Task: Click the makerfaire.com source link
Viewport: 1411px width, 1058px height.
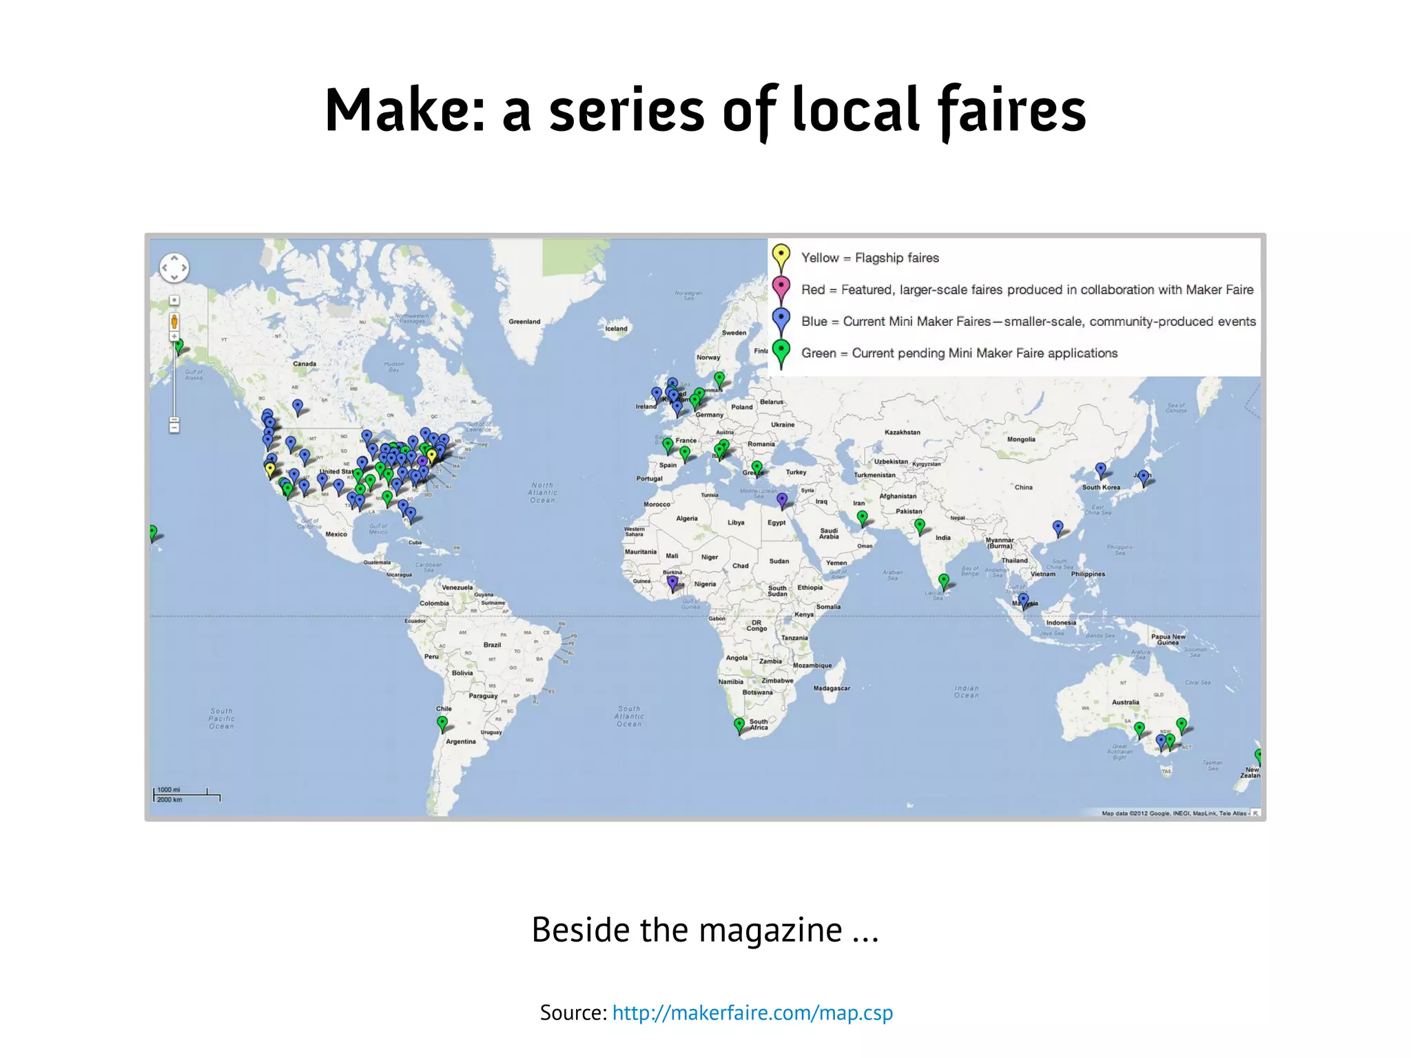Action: point(752,1013)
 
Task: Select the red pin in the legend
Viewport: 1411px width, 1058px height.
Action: point(781,287)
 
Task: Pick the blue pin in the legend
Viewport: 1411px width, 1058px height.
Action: point(781,319)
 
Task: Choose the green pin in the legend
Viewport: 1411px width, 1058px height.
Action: point(781,351)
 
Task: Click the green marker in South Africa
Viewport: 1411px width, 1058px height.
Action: point(739,725)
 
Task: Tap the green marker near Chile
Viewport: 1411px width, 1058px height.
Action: point(442,723)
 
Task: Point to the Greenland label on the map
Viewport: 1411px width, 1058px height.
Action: point(524,322)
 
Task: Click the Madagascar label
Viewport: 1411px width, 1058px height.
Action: point(832,688)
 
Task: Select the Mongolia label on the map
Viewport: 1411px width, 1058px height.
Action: point(1021,439)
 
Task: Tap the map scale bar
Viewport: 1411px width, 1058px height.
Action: point(187,795)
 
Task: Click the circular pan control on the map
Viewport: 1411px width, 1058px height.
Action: point(174,268)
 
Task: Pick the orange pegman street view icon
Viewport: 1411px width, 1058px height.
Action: point(174,322)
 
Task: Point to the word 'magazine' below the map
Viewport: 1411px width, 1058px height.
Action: point(770,931)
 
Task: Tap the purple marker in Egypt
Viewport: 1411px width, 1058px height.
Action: point(781,498)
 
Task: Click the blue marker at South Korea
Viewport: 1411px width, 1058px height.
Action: point(1101,469)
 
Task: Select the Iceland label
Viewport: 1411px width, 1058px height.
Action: point(616,329)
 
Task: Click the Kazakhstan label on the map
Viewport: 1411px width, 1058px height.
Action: point(902,433)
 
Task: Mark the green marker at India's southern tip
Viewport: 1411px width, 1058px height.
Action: point(944,580)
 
